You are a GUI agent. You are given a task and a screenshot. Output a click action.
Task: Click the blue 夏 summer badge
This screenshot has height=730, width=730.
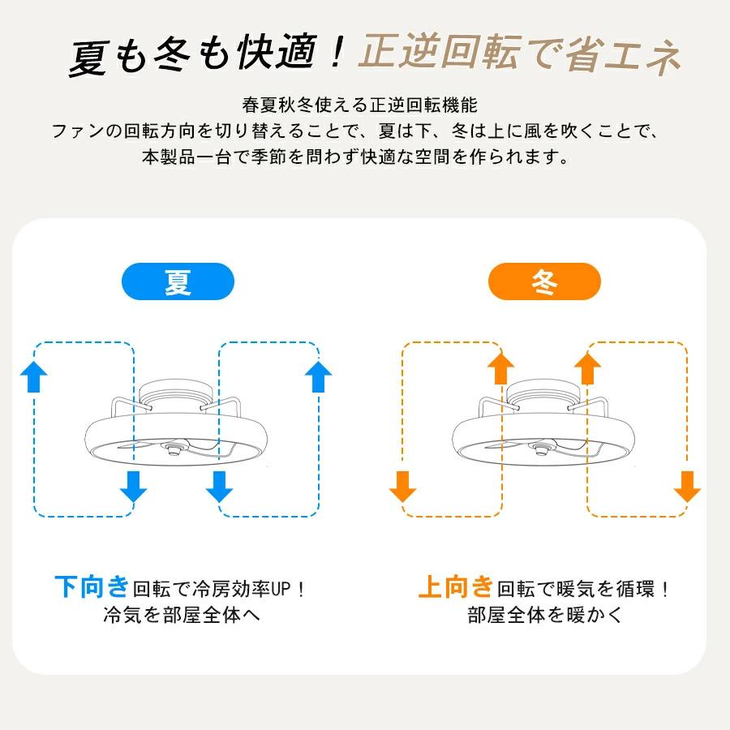coord(178,281)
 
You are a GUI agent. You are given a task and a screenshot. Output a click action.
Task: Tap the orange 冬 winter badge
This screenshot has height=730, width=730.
coord(544,281)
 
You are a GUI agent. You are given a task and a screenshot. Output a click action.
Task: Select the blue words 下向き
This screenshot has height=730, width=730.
coord(92,586)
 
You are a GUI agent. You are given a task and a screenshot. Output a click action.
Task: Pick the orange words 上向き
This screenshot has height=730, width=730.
coord(455,586)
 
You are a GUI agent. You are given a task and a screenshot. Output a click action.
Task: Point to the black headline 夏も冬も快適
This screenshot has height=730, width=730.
coord(193,55)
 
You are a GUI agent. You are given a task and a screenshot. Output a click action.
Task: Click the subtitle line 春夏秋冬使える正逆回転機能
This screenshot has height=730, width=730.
coord(359,105)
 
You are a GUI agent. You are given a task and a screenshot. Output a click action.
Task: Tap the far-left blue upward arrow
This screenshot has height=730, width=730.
coord(34,376)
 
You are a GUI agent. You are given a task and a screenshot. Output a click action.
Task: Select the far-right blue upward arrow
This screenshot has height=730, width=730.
coord(319,376)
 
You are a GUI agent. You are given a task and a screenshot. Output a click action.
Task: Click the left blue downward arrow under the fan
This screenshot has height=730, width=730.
coord(134,487)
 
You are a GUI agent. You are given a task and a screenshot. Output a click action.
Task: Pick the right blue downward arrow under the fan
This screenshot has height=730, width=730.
coord(219,487)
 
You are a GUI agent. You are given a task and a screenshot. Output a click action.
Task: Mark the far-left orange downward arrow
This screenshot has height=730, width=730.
coord(402,487)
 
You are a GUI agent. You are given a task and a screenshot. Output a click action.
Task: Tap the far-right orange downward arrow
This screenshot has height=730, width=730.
coord(687,487)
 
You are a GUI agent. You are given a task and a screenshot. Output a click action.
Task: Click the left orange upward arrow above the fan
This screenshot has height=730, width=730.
coord(501,368)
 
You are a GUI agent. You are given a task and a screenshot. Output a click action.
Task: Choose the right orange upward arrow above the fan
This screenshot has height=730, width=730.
coord(587,368)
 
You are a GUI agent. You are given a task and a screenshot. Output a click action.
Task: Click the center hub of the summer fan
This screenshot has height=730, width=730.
coord(174,449)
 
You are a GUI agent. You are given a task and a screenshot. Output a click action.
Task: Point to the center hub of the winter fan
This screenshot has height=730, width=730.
coord(542,449)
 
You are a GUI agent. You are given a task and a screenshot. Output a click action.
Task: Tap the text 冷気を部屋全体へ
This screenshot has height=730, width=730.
coord(182,615)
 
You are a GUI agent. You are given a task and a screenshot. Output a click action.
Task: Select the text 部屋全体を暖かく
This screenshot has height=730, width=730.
coord(545,615)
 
